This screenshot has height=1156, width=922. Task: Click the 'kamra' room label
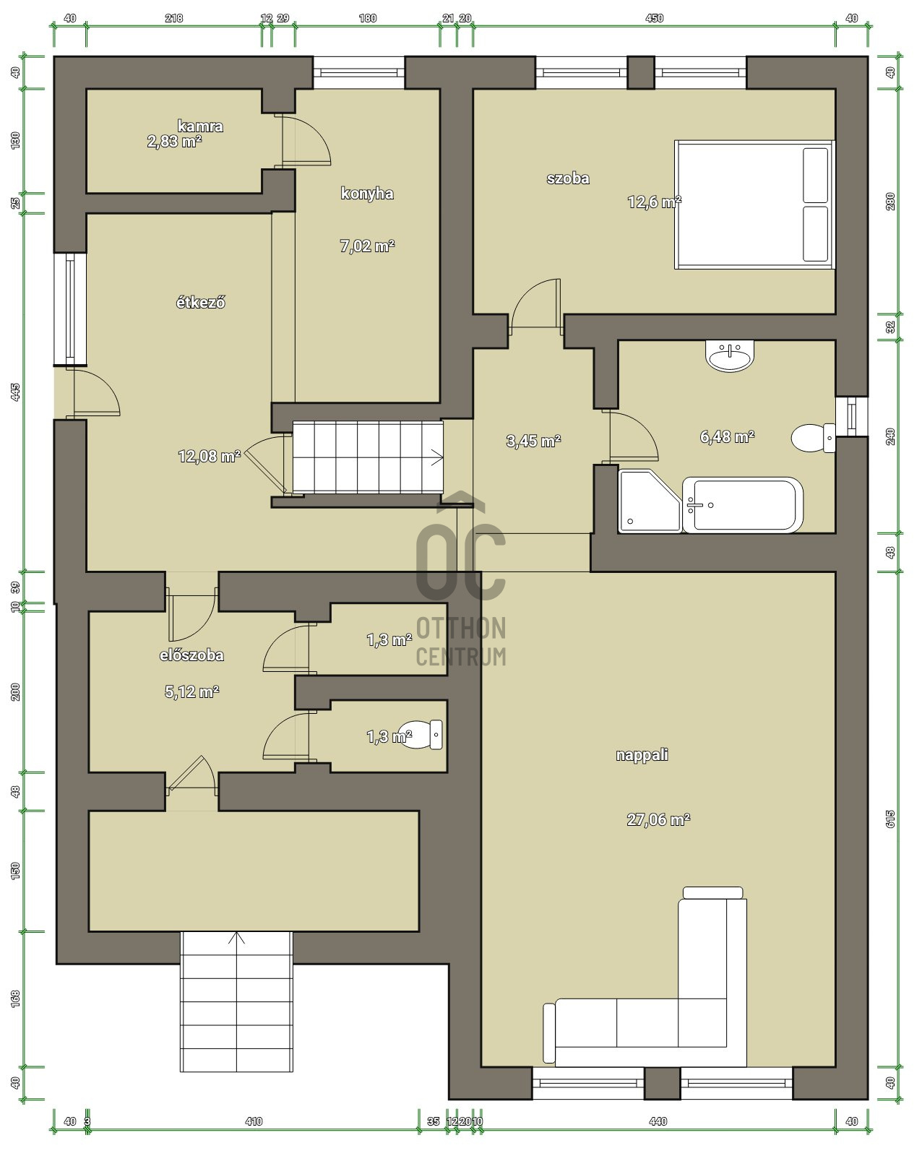(x=200, y=126)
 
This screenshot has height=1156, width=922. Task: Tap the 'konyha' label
(x=367, y=194)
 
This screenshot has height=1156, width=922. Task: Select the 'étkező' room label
(x=200, y=303)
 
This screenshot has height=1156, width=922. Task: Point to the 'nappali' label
(x=642, y=755)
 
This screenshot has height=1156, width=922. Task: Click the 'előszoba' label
(x=191, y=655)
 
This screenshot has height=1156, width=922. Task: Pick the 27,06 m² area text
(x=658, y=819)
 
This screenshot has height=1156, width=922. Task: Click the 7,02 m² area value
(x=368, y=246)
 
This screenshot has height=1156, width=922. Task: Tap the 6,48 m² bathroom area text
(x=727, y=436)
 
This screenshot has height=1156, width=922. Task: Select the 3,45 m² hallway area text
(x=533, y=441)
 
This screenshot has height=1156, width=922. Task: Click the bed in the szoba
(x=754, y=204)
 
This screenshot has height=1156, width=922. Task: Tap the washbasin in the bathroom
(x=730, y=356)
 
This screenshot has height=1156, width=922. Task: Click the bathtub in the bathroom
(x=743, y=505)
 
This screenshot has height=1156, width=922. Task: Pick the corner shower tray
(x=650, y=501)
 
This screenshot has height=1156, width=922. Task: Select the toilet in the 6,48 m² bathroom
(x=814, y=438)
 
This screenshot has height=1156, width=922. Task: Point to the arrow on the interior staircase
(x=436, y=459)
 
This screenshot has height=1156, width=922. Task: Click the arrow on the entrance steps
(x=236, y=937)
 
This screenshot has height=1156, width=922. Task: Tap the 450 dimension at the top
(x=655, y=18)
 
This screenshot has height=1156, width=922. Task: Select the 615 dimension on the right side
(x=890, y=819)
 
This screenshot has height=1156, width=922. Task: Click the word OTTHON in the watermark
(x=461, y=629)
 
